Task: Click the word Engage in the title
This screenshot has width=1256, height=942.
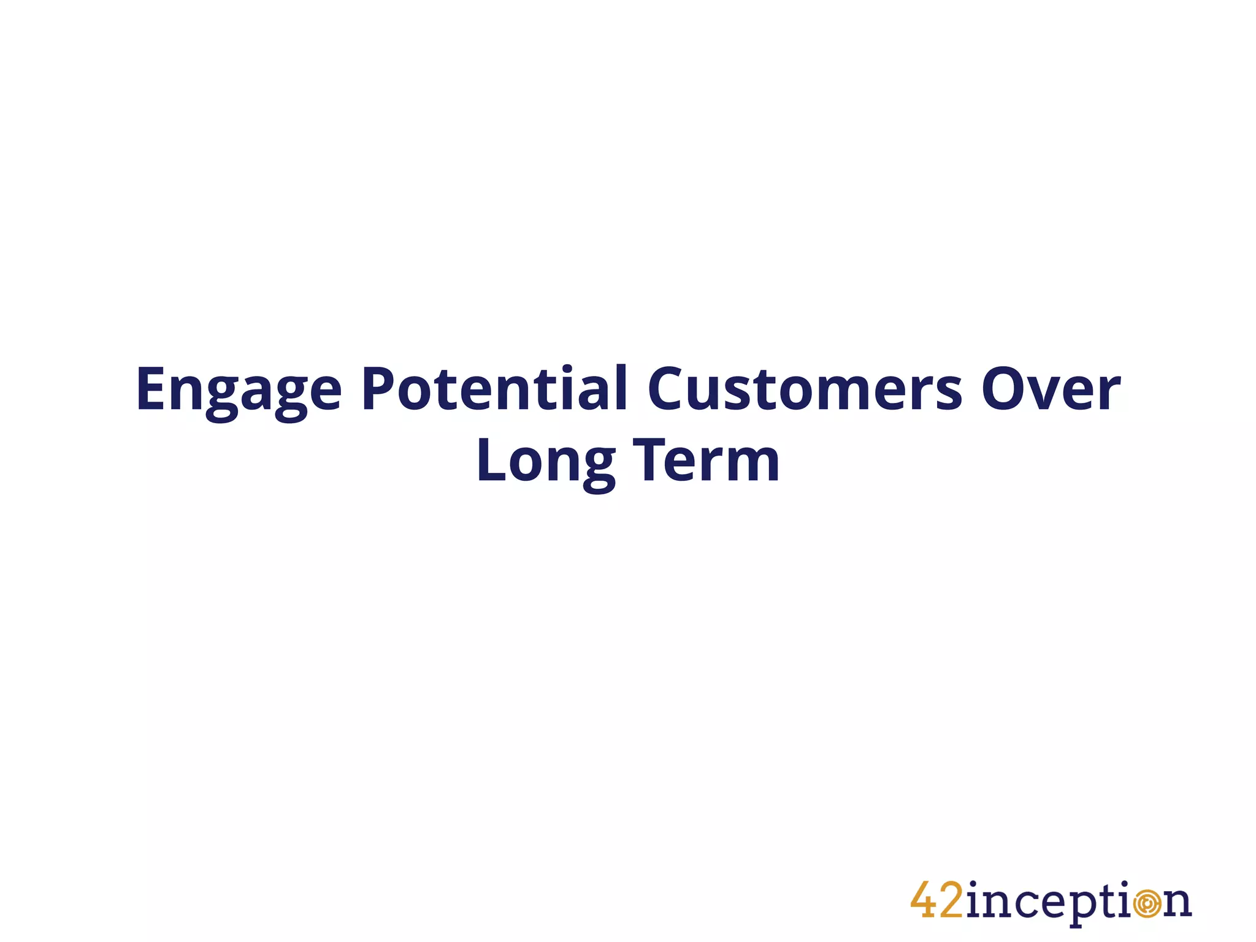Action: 238,391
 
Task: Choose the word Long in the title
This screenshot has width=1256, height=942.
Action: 545,461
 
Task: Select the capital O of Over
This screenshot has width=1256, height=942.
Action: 1006,389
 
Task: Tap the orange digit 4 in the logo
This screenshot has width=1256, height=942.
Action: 924,900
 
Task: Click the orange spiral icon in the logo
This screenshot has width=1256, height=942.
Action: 1147,904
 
